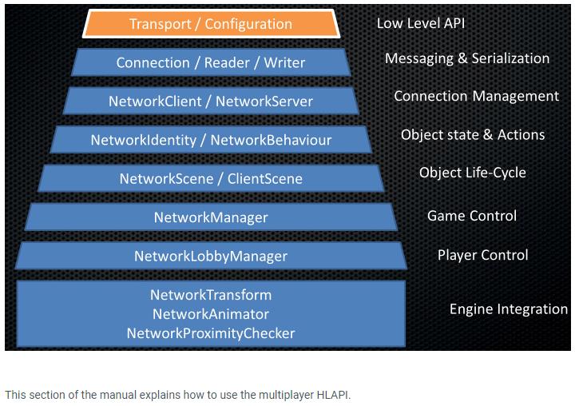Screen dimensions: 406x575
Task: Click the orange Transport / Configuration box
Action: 211,24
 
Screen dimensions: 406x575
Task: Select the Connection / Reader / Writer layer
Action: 211,62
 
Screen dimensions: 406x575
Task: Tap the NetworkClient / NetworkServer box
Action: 211,101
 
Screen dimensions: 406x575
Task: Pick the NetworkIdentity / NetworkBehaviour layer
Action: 211,140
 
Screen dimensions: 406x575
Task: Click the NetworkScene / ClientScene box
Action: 211,178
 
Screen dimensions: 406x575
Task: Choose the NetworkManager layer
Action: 211,217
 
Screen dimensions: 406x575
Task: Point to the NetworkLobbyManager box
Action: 211,256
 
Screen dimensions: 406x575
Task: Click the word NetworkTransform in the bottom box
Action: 211,295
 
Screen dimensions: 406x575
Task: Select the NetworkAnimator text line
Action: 211,314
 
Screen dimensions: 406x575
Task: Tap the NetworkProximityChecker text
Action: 211,333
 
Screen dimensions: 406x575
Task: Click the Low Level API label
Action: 420,23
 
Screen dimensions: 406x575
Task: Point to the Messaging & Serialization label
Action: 467,58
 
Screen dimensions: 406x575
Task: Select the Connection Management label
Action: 476,96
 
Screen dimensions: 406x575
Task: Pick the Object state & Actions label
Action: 473,134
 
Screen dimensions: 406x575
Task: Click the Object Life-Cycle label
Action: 473,173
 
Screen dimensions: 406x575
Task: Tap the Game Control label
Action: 472,216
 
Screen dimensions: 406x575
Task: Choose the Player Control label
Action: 482,255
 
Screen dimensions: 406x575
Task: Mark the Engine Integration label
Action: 508,308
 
